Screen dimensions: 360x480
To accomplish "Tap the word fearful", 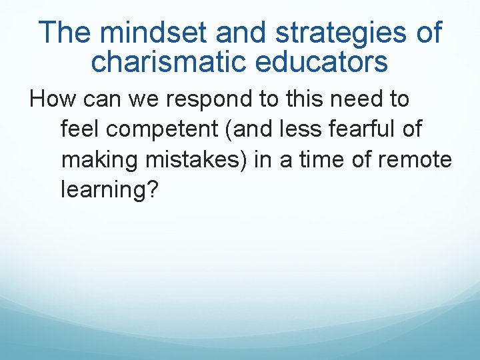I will (x=367, y=129).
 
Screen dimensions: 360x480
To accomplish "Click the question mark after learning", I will (x=153, y=190).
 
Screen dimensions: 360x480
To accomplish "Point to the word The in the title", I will (x=63, y=33).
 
